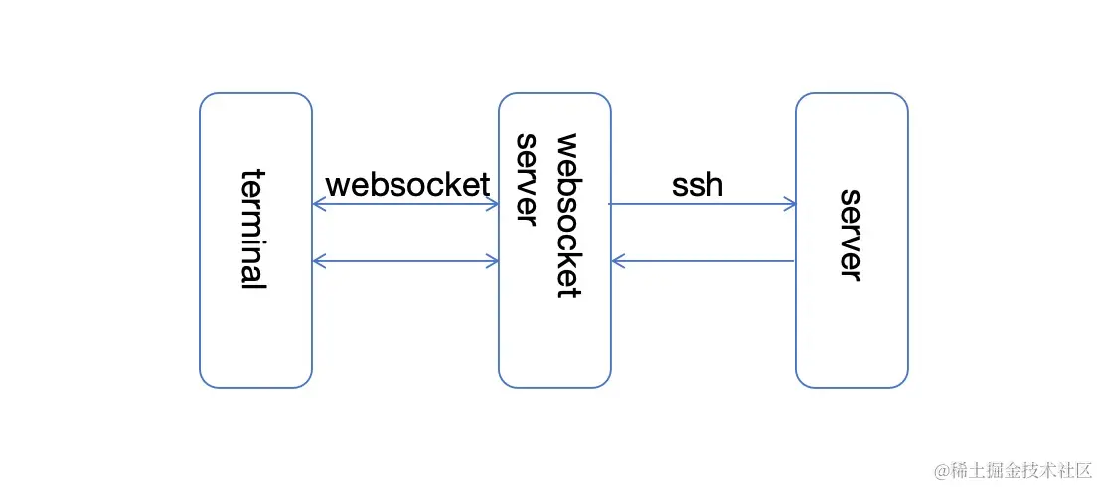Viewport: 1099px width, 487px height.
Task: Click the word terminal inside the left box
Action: tap(254, 229)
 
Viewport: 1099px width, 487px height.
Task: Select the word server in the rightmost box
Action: tap(851, 235)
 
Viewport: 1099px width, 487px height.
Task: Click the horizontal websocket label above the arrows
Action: tap(407, 185)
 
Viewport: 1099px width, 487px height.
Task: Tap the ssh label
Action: tap(698, 185)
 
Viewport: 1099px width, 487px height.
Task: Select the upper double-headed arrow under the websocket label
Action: tap(405, 204)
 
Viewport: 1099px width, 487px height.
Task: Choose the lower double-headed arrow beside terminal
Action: tap(405, 261)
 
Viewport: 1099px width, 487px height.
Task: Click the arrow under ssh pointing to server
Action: tap(701, 204)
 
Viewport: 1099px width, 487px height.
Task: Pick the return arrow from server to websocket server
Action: tap(704, 261)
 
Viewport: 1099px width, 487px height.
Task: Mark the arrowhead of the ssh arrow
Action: tap(790, 204)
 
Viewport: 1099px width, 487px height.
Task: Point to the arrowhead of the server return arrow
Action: tap(618, 261)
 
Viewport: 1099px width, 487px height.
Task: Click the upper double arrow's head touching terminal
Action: tap(318, 204)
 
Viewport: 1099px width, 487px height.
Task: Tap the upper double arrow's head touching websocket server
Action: tap(492, 204)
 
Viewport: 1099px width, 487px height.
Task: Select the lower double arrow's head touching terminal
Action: tap(318, 261)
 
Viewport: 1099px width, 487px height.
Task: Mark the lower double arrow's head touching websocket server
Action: tap(492, 261)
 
